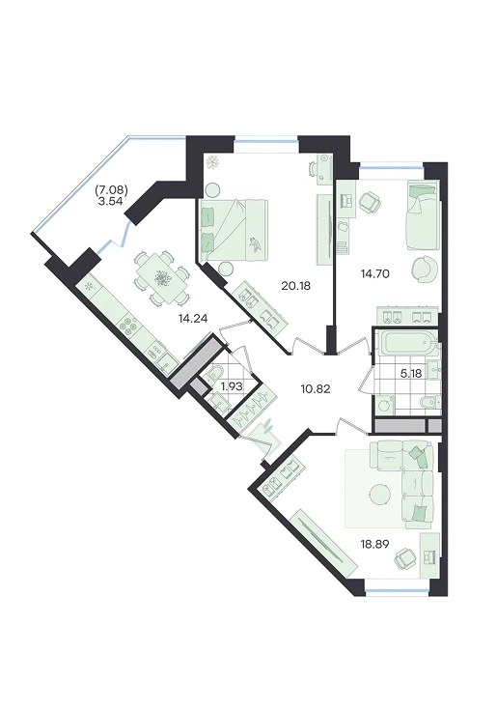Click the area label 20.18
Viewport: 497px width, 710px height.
click(295, 286)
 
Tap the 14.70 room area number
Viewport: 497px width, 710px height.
click(374, 273)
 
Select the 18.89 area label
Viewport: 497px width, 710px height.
click(374, 543)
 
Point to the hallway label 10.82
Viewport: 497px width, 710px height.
click(316, 388)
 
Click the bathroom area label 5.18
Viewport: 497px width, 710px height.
click(410, 374)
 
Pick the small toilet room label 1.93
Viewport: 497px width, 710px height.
click(232, 386)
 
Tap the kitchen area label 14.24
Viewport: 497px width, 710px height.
click(193, 319)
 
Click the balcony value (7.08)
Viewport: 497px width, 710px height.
click(111, 190)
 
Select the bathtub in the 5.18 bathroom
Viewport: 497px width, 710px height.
click(406, 343)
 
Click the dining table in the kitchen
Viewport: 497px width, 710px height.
click(161, 278)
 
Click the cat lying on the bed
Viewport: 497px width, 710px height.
click(256, 244)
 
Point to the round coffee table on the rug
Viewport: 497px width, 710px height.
click(378, 495)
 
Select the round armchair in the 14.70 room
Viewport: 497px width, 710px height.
click(425, 269)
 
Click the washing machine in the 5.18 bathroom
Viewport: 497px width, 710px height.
click(385, 404)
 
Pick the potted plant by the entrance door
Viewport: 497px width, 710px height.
click(267, 427)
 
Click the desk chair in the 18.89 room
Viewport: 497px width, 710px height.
click(403, 559)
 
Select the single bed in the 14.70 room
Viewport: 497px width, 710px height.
click(423, 215)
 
